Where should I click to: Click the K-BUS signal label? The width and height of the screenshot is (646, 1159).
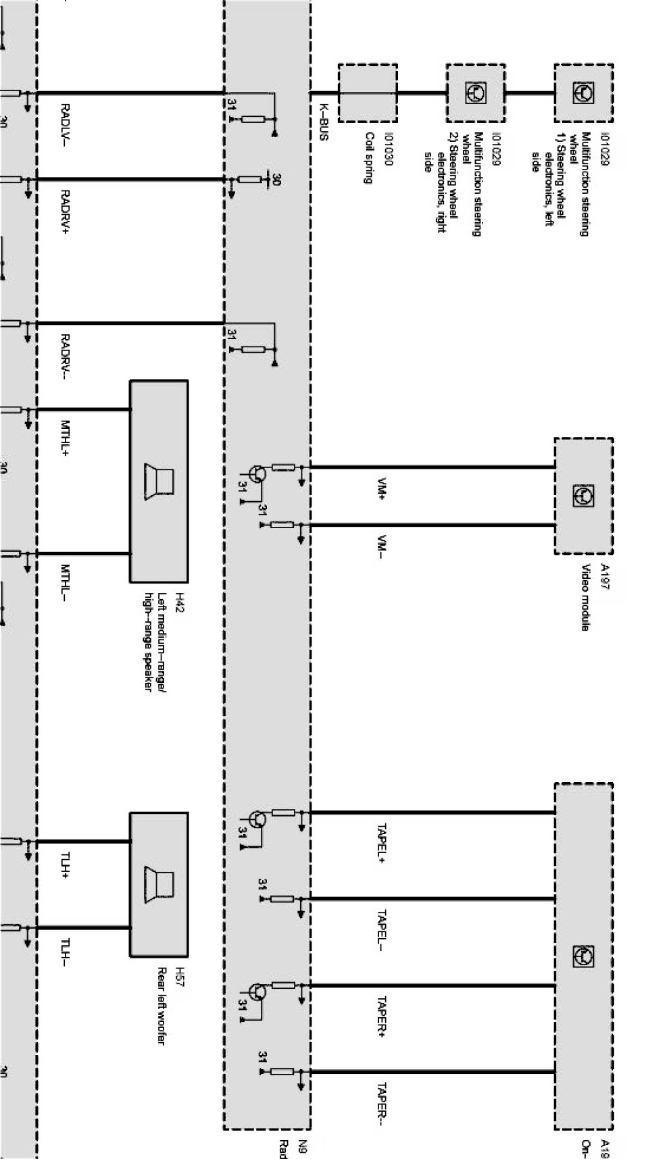tap(324, 122)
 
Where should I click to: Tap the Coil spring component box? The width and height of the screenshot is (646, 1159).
tap(367, 93)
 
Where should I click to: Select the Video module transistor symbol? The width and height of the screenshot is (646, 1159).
tap(583, 496)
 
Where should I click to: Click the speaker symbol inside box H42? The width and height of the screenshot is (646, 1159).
tap(159, 481)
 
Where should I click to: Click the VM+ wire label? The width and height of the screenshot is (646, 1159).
tap(382, 488)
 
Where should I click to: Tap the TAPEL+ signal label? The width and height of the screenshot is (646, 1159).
tap(382, 843)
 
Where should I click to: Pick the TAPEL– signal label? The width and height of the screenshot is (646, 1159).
tap(382, 929)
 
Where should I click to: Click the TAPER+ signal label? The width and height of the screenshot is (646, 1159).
tap(382, 1016)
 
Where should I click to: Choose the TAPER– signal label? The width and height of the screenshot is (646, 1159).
tap(382, 1104)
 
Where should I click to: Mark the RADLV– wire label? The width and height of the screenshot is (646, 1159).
tap(66, 124)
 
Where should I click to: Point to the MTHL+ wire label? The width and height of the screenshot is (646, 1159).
tap(66, 437)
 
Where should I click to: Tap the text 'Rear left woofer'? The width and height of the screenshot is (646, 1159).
tap(161, 1006)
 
